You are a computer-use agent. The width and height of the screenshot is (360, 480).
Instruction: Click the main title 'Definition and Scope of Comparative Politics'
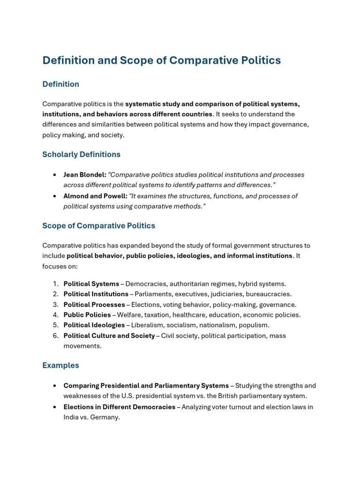pyautogui.click(x=161, y=60)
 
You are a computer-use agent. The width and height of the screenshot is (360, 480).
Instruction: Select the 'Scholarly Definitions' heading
pyautogui.click(x=81, y=154)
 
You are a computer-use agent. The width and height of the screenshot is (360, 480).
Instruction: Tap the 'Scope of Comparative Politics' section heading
pyautogui.click(x=98, y=225)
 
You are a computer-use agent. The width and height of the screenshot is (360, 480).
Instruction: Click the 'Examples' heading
pyautogui.click(x=60, y=365)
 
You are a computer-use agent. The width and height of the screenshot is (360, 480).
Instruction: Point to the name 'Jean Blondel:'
pyautogui.click(x=85, y=175)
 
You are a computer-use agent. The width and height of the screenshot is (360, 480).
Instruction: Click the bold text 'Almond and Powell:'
pyautogui.click(x=95, y=196)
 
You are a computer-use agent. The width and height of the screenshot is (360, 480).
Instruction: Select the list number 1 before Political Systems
pyautogui.click(x=55, y=284)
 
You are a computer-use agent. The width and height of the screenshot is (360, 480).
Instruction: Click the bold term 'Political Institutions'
pyautogui.click(x=96, y=294)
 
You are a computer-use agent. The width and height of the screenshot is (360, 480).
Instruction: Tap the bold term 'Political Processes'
pyautogui.click(x=94, y=305)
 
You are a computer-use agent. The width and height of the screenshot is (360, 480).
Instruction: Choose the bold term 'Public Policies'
pyautogui.click(x=87, y=315)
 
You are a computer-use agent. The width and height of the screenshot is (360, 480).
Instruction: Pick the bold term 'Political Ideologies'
pyautogui.click(x=94, y=325)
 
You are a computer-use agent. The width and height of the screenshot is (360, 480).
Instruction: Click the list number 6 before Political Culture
pyautogui.click(x=55, y=336)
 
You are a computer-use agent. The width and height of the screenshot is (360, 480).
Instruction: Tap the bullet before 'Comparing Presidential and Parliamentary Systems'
pyautogui.click(x=55, y=386)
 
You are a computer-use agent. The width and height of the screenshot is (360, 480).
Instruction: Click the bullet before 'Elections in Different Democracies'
pyautogui.click(x=55, y=407)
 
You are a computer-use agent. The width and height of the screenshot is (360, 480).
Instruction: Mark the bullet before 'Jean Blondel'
pyautogui.click(x=55, y=175)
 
